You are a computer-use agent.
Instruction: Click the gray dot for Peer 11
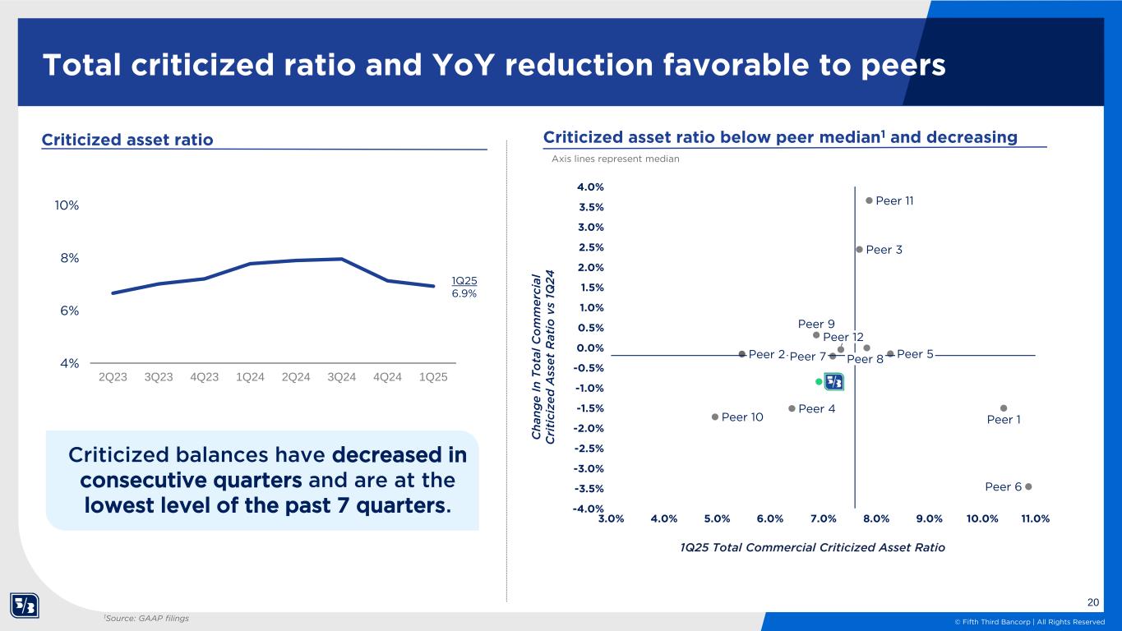pos(869,200)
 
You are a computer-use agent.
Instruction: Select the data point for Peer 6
pos(1028,486)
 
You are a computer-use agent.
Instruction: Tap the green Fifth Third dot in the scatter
pos(819,381)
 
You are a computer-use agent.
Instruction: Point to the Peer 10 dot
pos(715,417)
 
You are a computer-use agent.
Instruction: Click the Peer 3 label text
pos(884,250)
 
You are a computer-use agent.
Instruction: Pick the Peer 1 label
pos(1004,420)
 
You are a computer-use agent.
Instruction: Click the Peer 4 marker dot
pos(792,408)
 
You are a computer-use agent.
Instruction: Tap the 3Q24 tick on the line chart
pos(342,377)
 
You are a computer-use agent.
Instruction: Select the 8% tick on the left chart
pos(70,258)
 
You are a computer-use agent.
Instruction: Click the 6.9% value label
pos(464,293)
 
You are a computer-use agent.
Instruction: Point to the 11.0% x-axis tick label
pos(1036,518)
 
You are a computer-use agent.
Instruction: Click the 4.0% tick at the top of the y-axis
pos(590,187)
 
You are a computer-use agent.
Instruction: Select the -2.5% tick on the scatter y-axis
pos(589,449)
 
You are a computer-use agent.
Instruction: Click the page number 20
pos(1093,602)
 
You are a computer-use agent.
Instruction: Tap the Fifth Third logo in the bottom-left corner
pos(25,606)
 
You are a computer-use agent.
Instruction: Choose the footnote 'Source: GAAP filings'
pos(147,619)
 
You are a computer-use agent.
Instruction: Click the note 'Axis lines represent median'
pos(616,159)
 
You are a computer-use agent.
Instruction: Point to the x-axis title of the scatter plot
pos(812,547)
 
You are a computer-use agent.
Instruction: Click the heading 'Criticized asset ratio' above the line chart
pos(127,139)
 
